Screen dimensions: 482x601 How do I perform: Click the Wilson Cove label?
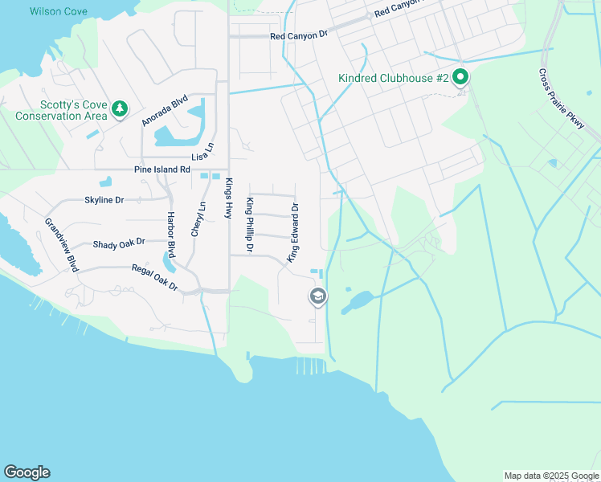(x=58, y=11)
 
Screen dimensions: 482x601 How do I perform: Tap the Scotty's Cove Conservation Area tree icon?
(x=120, y=108)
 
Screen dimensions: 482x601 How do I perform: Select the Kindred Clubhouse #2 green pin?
(x=460, y=78)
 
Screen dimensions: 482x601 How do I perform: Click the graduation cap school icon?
(x=317, y=297)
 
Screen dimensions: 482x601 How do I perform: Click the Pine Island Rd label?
(x=161, y=170)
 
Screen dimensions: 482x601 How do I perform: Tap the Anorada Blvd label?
(x=165, y=111)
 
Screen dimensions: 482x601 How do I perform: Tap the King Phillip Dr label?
(x=250, y=225)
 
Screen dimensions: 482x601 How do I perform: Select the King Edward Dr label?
(x=293, y=231)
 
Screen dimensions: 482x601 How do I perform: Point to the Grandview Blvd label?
(x=61, y=244)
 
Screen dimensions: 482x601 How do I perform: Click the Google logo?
(x=27, y=472)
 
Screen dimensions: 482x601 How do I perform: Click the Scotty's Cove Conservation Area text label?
(x=62, y=110)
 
